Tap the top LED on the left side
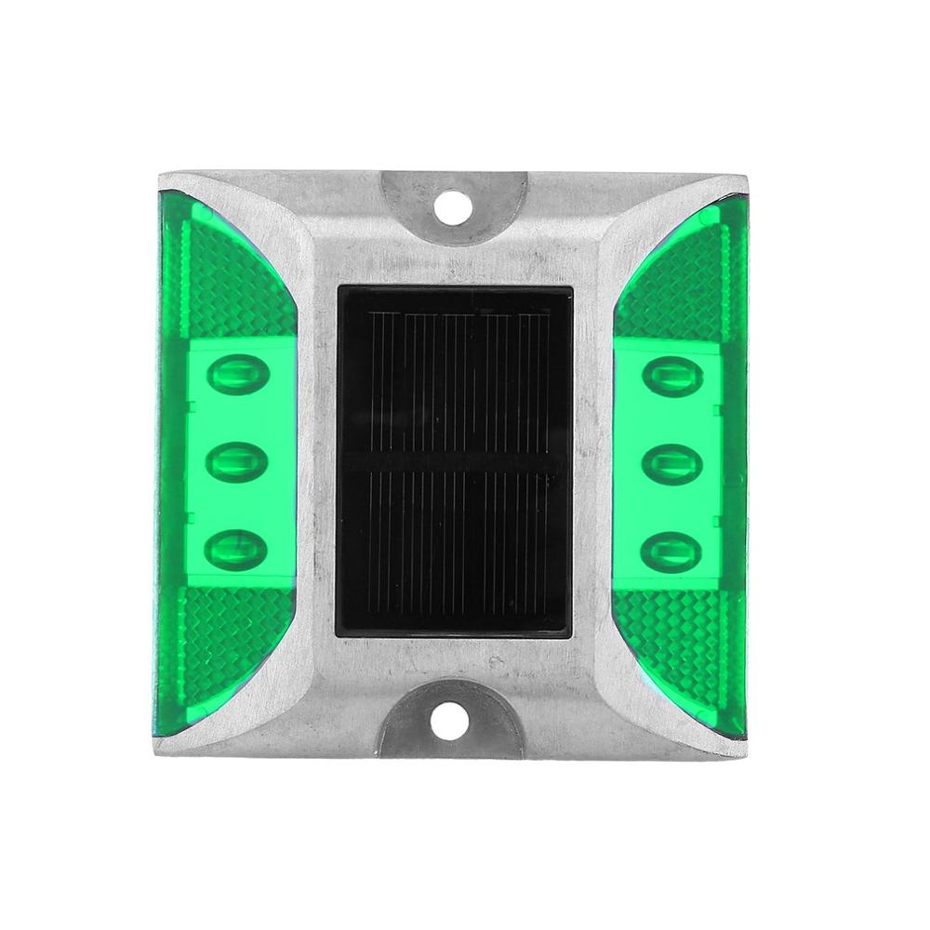(x=238, y=375)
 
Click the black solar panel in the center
(x=454, y=461)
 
